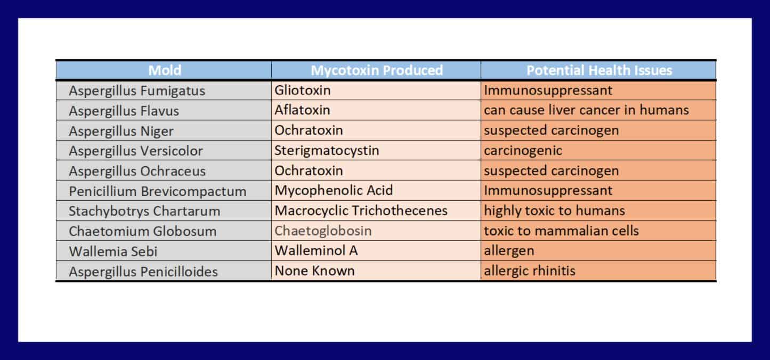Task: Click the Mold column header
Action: [x=165, y=70]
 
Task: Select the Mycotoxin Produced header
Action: [x=377, y=70]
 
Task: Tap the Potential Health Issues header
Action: [x=599, y=70]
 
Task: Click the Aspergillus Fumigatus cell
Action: [x=137, y=91]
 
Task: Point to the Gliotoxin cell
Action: [x=303, y=91]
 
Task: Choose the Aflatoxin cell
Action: [x=303, y=110]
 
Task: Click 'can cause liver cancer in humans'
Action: [x=587, y=110]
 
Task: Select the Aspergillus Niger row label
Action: [x=121, y=131]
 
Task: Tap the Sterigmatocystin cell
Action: [x=327, y=151]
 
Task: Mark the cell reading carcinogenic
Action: [x=523, y=151]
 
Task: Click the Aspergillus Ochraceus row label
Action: [x=137, y=171]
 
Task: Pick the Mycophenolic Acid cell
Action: [x=334, y=191]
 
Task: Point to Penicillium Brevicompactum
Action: [x=157, y=191]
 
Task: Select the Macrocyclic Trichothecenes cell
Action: [x=361, y=210]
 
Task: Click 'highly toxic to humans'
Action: [x=555, y=210]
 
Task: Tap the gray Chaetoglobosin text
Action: [x=323, y=231]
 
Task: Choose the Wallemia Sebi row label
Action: [x=113, y=251]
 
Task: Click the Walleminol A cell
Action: [x=316, y=251]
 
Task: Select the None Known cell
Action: [x=314, y=271]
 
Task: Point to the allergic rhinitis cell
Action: [x=529, y=271]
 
